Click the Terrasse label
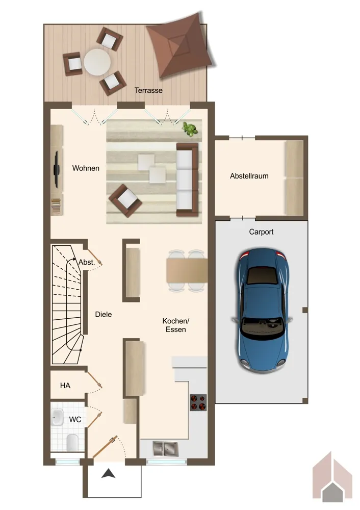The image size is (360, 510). (x=148, y=90)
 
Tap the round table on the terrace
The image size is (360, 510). (x=97, y=62)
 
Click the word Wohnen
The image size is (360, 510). (x=86, y=168)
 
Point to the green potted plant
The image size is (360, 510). (x=190, y=129)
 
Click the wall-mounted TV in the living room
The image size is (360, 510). (x=56, y=169)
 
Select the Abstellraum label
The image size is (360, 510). (x=249, y=176)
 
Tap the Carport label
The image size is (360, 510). (x=261, y=232)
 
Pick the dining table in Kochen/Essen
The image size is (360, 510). (x=187, y=270)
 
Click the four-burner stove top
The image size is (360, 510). (x=198, y=402)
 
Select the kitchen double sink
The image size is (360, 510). (x=166, y=449)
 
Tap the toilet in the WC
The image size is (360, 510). (x=72, y=442)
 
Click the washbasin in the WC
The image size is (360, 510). (x=58, y=417)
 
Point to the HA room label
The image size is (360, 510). (x=65, y=386)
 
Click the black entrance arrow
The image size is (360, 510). (x=108, y=474)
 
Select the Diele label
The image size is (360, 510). (x=104, y=315)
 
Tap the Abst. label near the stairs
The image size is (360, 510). (x=87, y=262)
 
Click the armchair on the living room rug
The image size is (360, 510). (x=125, y=200)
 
